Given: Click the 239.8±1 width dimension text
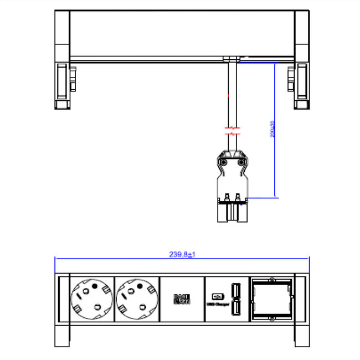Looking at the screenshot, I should click(x=183, y=254).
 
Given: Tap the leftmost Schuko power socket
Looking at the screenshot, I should click(x=91, y=299).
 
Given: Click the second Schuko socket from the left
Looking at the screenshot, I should click(x=136, y=299).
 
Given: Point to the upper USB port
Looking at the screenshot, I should click(x=235, y=290).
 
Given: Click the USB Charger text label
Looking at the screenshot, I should click(x=218, y=303).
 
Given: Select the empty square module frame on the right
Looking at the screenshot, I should click(x=271, y=299).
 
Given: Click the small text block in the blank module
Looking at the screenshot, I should click(x=182, y=299).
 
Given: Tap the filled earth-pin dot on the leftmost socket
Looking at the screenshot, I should click(x=94, y=286).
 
